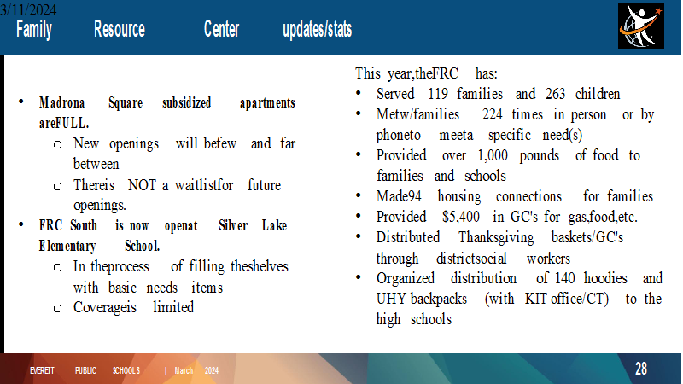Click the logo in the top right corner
(x=641, y=26)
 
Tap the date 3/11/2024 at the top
(x=28, y=9)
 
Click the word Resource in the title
(x=120, y=29)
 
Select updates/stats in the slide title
(x=317, y=29)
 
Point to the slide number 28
(x=641, y=369)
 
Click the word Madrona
(x=61, y=102)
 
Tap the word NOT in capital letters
(x=142, y=185)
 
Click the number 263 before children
(x=555, y=94)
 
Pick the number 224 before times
(x=493, y=114)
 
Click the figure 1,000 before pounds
(x=493, y=156)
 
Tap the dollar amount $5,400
(x=461, y=217)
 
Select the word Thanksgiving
(x=496, y=238)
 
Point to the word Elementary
(x=67, y=247)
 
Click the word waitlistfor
(x=204, y=185)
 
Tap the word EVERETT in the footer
(x=42, y=370)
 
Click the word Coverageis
(x=104, y=308)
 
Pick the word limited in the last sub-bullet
(x=173, y=307)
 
